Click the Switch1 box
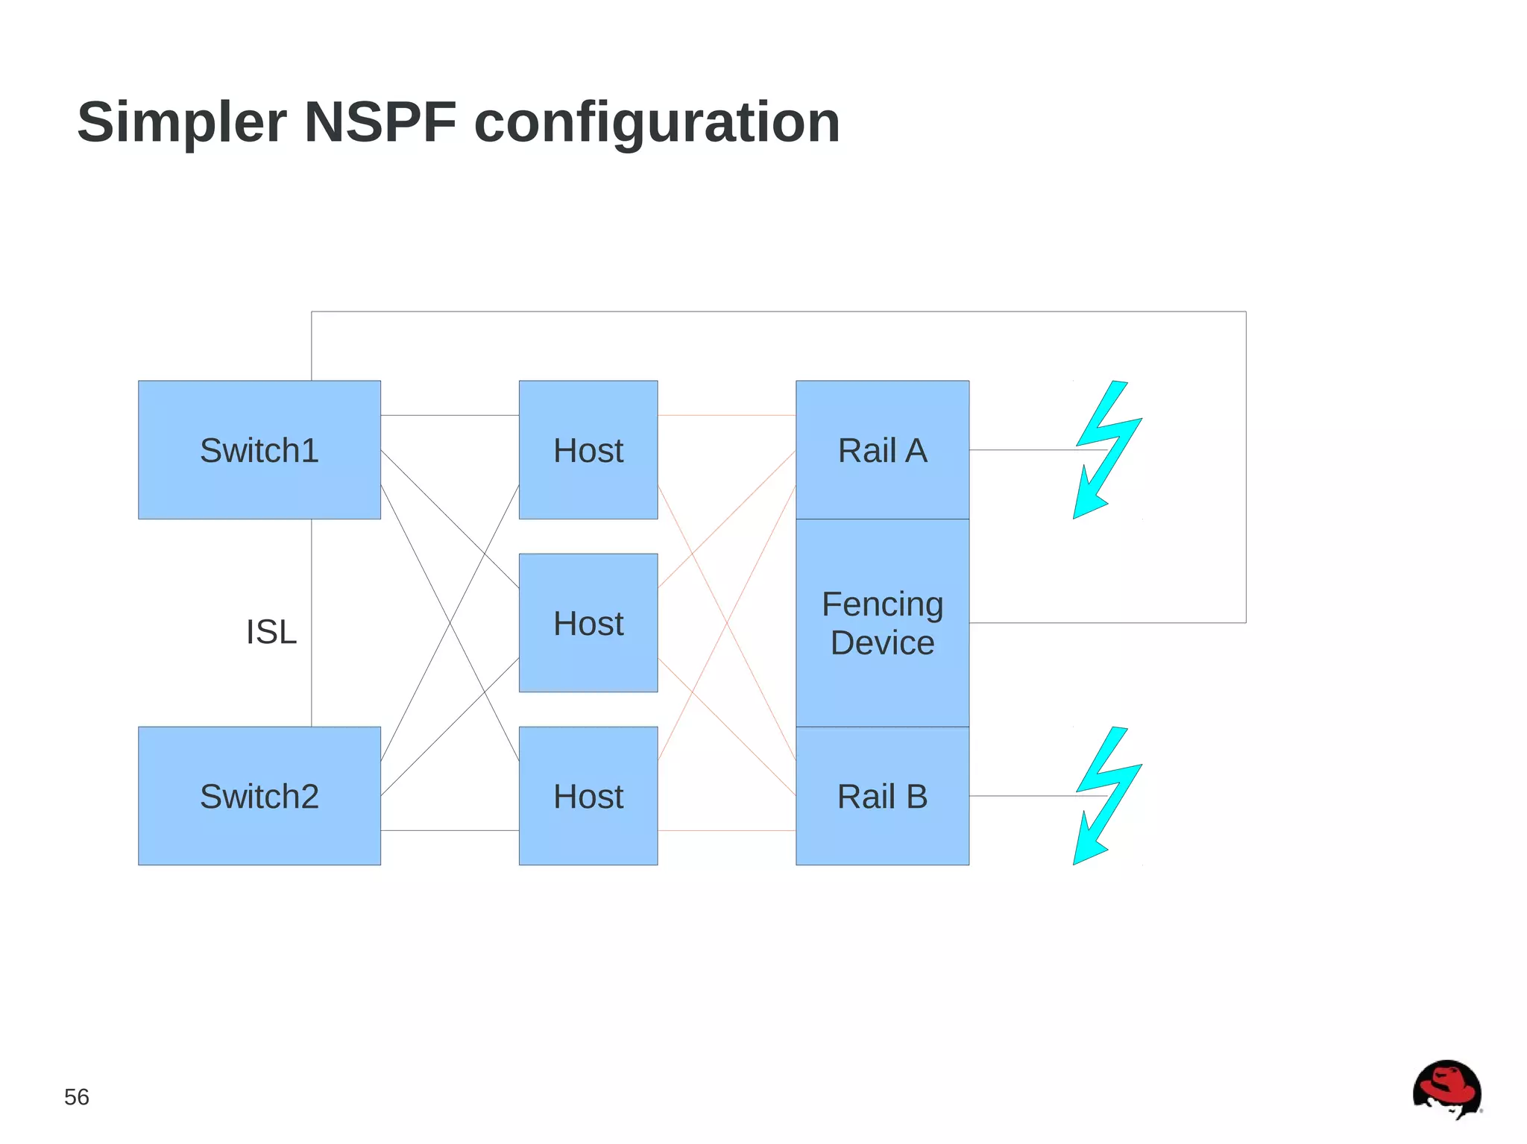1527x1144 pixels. point(259,449)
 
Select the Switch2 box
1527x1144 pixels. point(259,795)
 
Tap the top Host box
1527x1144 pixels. point(588,449)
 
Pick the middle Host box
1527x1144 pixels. point(588,622)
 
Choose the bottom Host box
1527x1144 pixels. point(588,795)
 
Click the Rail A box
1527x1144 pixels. point(882,449)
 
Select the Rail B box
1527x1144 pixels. point(882,795)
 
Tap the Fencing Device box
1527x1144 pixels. point(882,622)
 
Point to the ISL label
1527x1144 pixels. point(271,632)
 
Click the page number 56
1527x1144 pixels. point(76,1097)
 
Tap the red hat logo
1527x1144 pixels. point(1446,1089)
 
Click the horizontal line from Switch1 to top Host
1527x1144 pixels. point(450,415)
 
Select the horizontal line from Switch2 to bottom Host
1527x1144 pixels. point(450,830)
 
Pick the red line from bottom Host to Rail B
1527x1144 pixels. point(726,830)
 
